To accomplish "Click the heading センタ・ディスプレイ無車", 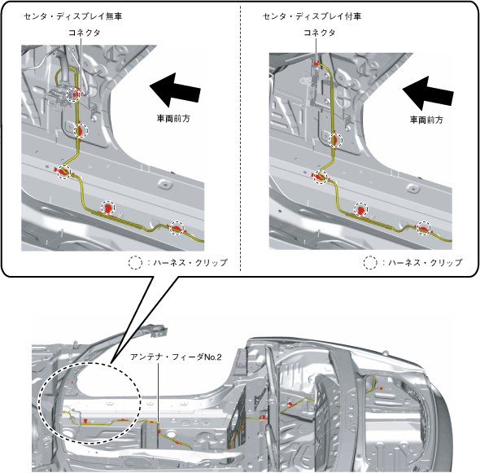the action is tap(73, 16).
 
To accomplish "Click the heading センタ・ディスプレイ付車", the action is tap(312, 16).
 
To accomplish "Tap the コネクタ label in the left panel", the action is tap(84, 33).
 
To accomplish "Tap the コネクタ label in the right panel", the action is tap(319, 33).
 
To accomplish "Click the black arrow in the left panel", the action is tap(175, 89).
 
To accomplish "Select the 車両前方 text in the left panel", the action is tap(173, 118).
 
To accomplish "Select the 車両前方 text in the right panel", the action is tap(426, 120).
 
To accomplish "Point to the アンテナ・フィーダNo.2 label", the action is tap(176, 357).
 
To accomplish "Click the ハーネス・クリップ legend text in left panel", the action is tap(190, 263).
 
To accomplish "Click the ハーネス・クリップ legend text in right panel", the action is tap(425, 263).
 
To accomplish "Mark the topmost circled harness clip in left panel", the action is tap(74, 94).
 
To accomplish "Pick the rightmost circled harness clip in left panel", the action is tap(177, 228).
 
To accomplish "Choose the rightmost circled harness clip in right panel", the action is tap(425, 228).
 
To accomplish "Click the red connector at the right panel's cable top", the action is tap(316, 64).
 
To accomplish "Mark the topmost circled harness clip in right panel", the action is tap(335, 141).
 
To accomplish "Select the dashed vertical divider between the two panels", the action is tap(240, 138).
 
